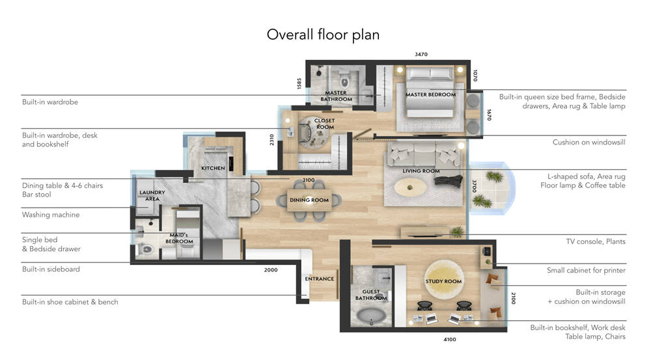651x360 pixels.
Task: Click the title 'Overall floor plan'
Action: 323,35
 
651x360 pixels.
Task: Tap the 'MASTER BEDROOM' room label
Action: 430,94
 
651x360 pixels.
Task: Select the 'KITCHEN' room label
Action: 213,168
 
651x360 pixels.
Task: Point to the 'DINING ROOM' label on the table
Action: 309,200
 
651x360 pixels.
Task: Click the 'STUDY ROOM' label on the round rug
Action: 443,281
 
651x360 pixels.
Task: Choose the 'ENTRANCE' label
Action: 319,279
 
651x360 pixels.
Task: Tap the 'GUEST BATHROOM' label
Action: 371,295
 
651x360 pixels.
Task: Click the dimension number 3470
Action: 421,55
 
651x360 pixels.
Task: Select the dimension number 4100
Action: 450,340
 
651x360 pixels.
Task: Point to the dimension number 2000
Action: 271,270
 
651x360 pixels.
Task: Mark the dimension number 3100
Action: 308,180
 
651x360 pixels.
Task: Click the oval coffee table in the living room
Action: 409,187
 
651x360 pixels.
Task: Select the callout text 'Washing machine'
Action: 51,215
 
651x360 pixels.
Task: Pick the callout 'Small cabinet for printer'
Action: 586,270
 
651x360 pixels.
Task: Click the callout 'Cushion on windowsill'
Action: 589,143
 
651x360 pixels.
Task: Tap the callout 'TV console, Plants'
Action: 596,242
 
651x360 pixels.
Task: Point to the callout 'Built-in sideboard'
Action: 51,269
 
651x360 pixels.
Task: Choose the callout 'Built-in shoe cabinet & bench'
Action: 70,302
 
